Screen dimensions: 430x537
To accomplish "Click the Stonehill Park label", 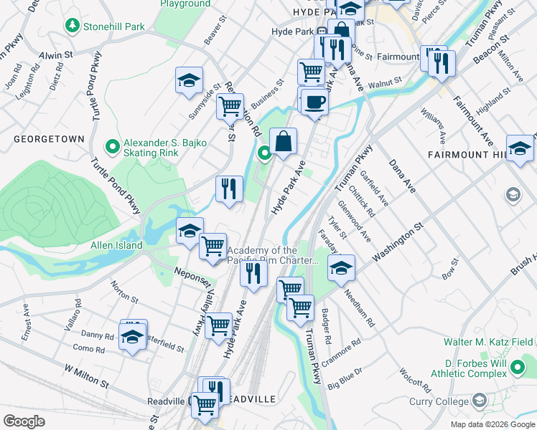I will (x=114, y=27).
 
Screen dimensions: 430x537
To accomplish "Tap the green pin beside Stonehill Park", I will (x=72, y=27).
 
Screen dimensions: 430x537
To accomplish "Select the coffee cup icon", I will (x=314, y=102).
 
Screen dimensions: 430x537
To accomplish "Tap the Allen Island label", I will (x=116, y=246).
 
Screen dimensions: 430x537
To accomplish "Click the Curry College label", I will (x=439, y=401).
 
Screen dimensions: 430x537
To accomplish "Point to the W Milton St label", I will (x=86, y=376).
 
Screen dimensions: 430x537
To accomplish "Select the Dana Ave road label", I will (x=402, y=176).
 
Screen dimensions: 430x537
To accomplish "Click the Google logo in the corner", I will (x=24, y=421).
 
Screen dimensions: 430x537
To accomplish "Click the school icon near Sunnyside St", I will (x=189, y=81).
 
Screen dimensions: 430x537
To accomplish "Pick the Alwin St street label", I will (x=57, y=54).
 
